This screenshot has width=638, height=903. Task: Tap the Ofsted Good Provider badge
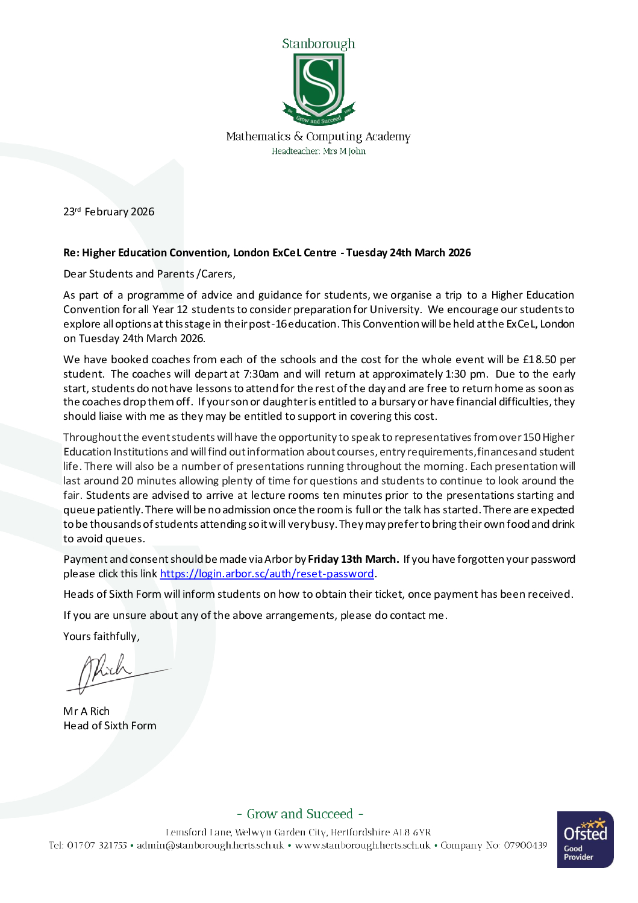(585, 839)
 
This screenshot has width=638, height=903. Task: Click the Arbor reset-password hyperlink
(267, 574)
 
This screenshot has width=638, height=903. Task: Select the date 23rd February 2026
(109, 212)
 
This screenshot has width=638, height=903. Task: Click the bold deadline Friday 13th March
(353, 559)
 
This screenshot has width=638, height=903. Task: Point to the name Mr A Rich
(87, 711)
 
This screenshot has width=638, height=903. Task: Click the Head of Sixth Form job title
(110, 726)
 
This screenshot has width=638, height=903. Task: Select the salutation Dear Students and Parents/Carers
(149, 274)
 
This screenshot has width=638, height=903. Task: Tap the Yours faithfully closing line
(101, 636)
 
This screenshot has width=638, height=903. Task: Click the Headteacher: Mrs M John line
(318, 151)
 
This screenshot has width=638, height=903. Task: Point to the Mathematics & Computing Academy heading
(318, 137)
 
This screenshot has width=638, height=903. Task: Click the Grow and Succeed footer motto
(300, 814)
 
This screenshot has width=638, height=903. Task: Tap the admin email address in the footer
(210, 845)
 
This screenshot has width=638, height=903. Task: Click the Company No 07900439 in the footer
(493, 845)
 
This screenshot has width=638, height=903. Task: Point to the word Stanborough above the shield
(318, 44)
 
